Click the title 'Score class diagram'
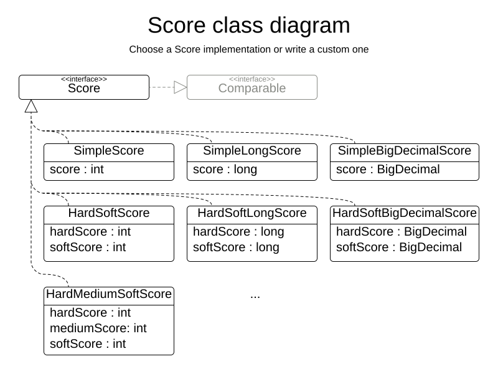(x=248, y=26)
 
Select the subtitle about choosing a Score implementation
(x=248, y=49)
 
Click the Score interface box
(x=84, y=87)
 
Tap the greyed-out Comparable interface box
(x=251, y=87)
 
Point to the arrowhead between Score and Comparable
(x=180, y=87)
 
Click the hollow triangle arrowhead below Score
(x=31, y=107)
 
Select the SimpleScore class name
(x=108, y=151)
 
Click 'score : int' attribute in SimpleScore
(x=77, y=170)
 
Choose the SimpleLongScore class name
(x=251, y=151)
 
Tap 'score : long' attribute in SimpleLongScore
(x=225, y=170)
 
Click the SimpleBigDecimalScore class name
(x=404, y=151)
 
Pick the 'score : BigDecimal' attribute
(x=388, y=170)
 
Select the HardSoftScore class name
(x=108, y=213)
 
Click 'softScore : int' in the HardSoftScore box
(x=88, y=247)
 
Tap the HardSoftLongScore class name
(x=251, y=213)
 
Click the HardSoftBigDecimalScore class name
(x=404, y=213)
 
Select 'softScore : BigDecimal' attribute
(x=399, y=247)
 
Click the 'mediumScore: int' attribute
(x=98, y=328)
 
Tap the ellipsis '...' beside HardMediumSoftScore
(x=255, y=295)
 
